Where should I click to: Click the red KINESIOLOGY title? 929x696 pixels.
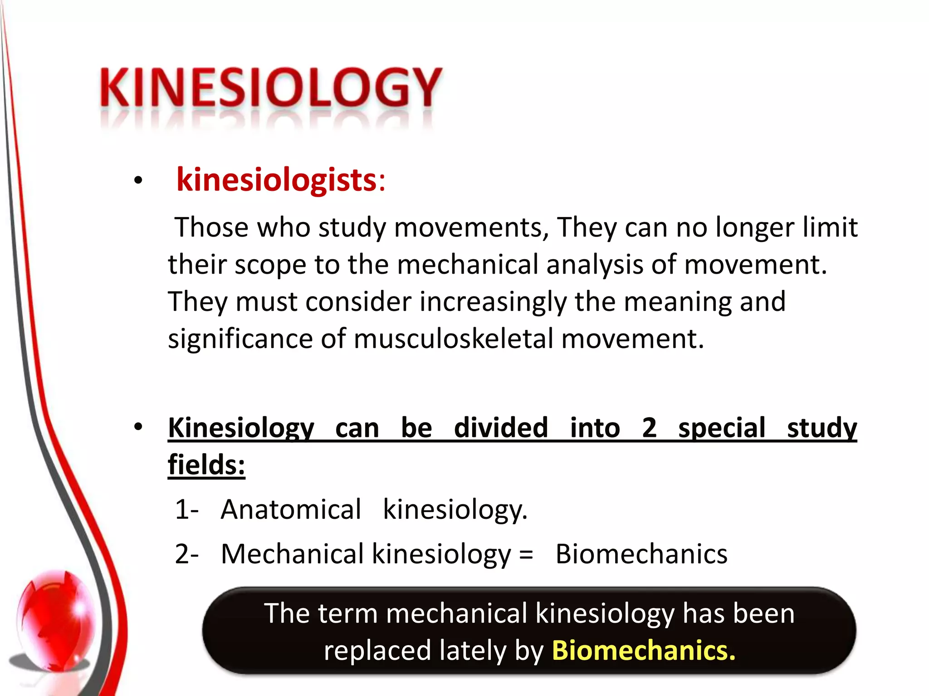click(x=271, y=87)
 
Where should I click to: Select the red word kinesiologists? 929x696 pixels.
click(x=276, y=180)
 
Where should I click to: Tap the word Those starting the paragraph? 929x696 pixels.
click(x=212, y=227)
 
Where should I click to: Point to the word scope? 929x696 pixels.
click(x=270, y=265)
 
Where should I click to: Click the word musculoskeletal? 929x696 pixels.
click(x=454, y=338)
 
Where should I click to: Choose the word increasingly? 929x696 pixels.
click(x=493, y=302)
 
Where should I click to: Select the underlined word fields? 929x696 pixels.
click(x=206, y=465)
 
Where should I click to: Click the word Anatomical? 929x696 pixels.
click(x=291, y=509)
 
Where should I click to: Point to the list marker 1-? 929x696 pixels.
click(x=186, y=509)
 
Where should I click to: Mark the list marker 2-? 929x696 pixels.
click(x=186, y=554)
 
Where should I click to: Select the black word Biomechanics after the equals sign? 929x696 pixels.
click(x=641, y=554)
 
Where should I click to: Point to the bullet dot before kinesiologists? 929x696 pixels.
click(x=138, y=181)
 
